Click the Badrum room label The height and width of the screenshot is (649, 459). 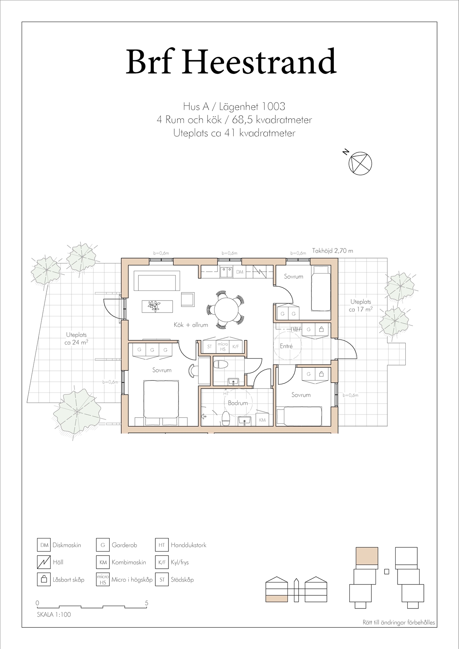click(238, 403)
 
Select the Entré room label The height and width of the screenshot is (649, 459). click(286, 346)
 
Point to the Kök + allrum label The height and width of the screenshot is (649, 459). click(191, 325)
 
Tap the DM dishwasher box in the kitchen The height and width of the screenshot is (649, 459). click(240, 272)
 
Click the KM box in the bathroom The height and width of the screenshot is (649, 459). click(262, 420)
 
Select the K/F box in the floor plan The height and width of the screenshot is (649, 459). click(236, 347)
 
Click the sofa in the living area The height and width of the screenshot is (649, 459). click(156, 281)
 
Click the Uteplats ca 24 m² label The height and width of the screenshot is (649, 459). click(76, 338)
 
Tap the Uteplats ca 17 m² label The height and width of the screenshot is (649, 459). click(361, 305)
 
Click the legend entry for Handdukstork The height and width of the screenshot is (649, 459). click(180, 545)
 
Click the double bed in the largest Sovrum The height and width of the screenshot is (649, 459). click(161, 403)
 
